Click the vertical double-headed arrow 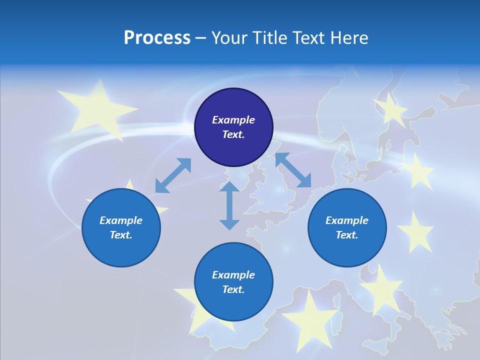pos(229,205)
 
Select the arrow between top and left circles pos(173,175)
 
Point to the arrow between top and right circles pos(293,170)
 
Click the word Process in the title pos(157,38)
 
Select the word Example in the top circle pos(233,120)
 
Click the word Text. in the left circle pos(121,235)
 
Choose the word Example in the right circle pos(347,220)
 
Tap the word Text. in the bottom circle pos(233,289)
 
